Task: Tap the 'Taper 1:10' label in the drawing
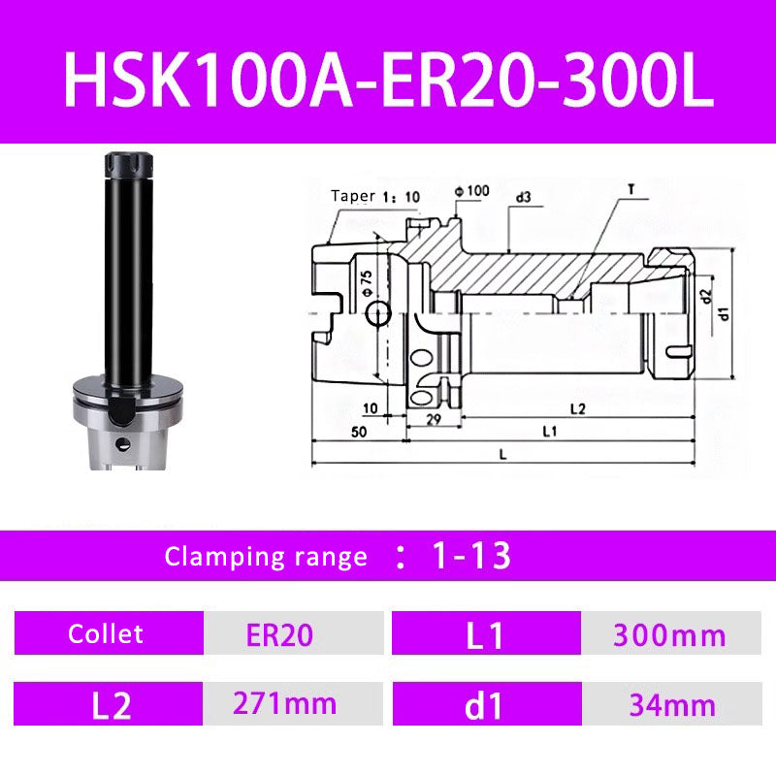pos(375,196)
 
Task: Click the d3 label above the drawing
pos(523,197)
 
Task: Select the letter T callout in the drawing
pos(631,190)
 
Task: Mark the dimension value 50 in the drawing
pos(359,433)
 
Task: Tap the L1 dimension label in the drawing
pos(548,430)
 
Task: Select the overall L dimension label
pos(501,453)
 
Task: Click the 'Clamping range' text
pos(266,557)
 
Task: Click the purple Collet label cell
pos(106,634)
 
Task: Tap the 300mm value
pos(668,635)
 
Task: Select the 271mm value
pos(285,703)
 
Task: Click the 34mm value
pos(668,705)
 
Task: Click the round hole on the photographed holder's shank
pos(122,444)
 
